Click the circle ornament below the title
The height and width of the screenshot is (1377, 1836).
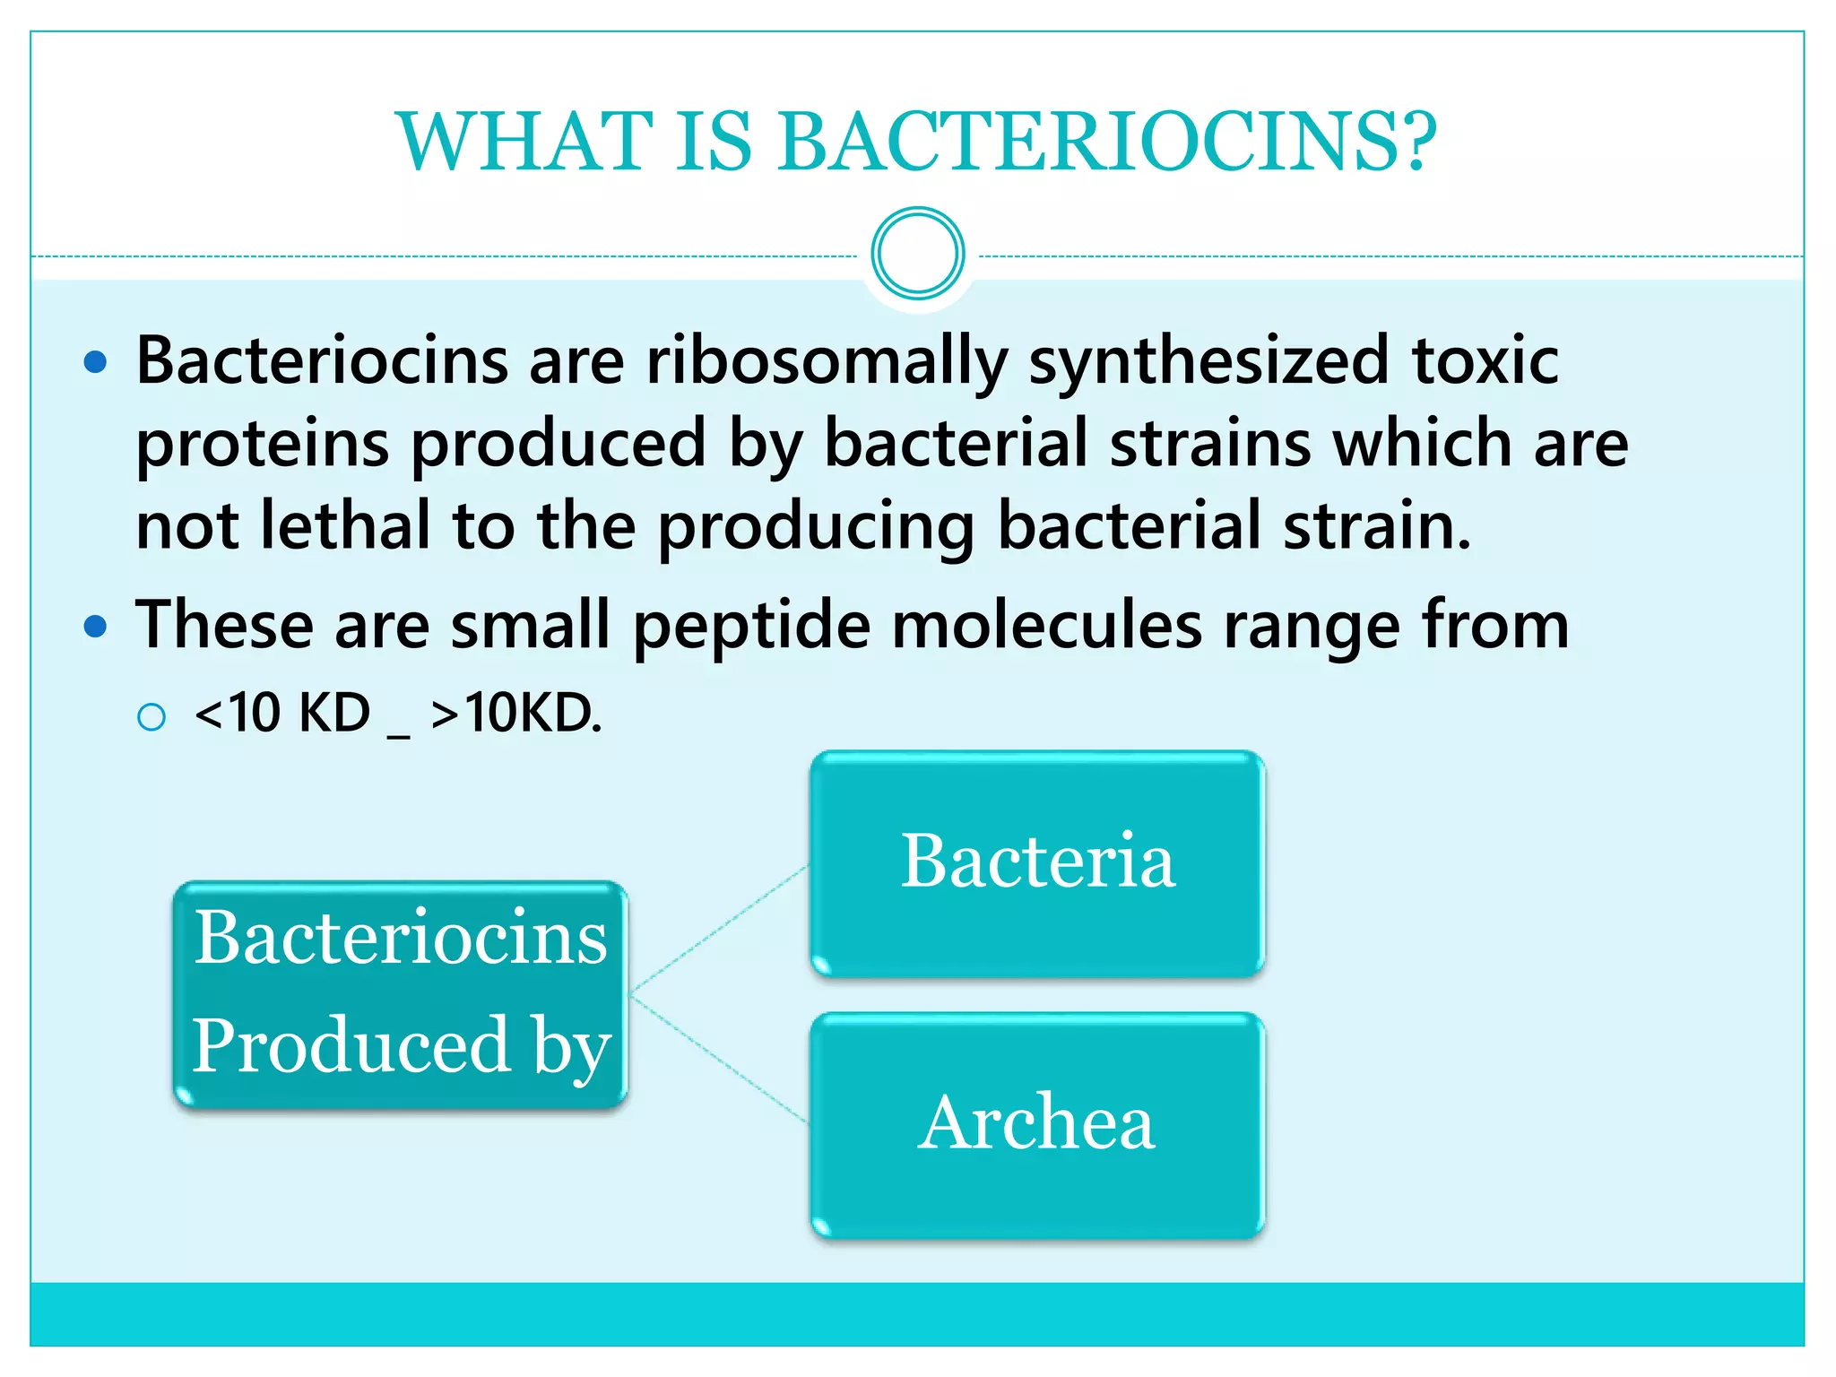(x=917, y=254)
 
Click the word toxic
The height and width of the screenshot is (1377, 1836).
(x=1485, y=360)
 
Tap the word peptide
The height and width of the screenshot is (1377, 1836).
(x=751, y=625)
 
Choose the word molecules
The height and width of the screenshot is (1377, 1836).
(x=1046, y=625)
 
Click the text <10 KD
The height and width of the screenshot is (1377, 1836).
(x=281, y=714)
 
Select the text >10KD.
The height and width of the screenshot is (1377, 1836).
(x=516, y=714)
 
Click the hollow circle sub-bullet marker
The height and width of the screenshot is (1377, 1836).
(x=152, y=717)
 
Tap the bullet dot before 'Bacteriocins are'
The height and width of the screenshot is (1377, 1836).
(x=95, y=363)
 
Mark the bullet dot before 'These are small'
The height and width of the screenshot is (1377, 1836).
(x=95, y=626)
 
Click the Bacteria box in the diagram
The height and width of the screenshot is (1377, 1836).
(x=1037, y=863)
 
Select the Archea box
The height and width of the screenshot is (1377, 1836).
(x=1037, y=1125)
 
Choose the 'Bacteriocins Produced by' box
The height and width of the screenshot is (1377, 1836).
(x=401, y=993)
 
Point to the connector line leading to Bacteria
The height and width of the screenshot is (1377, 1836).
(x=720, y=930)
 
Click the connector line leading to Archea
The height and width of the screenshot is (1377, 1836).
(x=720, y=1058)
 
